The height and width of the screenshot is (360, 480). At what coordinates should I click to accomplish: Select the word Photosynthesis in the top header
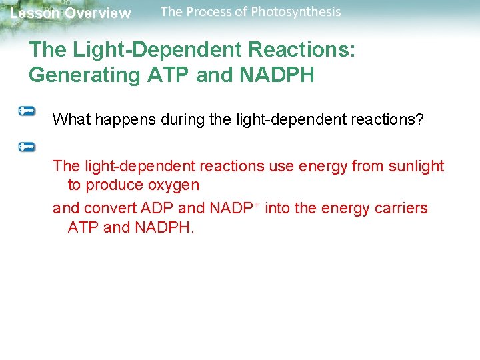(295, 12)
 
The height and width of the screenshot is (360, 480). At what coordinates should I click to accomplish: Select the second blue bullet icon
(27, 146)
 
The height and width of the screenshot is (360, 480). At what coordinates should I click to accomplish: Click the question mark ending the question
(419, 119)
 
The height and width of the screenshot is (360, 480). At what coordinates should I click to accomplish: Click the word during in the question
(169, 119)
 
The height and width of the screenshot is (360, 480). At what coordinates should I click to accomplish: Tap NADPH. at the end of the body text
(165, 227)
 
